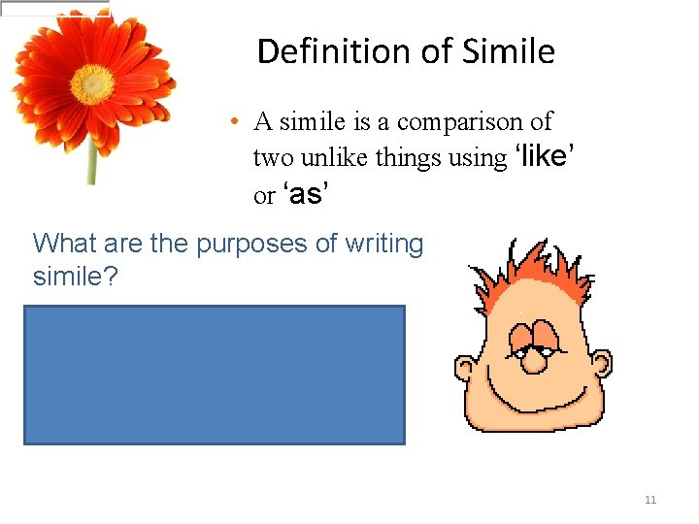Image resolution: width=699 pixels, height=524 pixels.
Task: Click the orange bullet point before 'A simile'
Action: [x=236, y=123]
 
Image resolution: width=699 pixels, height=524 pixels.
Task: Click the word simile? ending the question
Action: [x=76, y=278]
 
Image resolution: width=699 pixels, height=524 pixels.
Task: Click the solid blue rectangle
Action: [x=214, y=375]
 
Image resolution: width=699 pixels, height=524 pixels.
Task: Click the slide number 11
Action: [x=650, y=500]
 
